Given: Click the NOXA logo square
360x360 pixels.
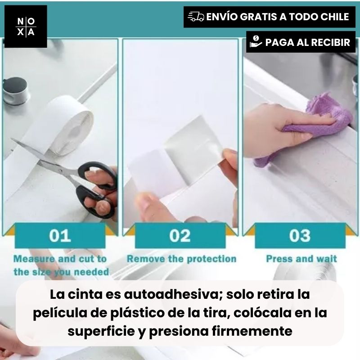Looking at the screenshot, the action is tap(26, 27).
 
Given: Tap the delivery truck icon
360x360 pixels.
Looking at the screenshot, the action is tap(196, 17).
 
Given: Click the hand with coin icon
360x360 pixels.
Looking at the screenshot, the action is tap(256, 42).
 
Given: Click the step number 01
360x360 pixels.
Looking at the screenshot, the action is tap(60, 235).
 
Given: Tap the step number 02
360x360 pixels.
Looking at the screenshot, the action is tap(180, 235).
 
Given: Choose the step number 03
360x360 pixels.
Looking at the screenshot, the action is tap(300, 235).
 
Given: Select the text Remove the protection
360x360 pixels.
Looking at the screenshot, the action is tap(182, 259).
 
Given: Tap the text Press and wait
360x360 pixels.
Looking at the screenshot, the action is tap(301, 259).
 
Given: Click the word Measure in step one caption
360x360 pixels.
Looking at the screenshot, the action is tap(34, 259).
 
